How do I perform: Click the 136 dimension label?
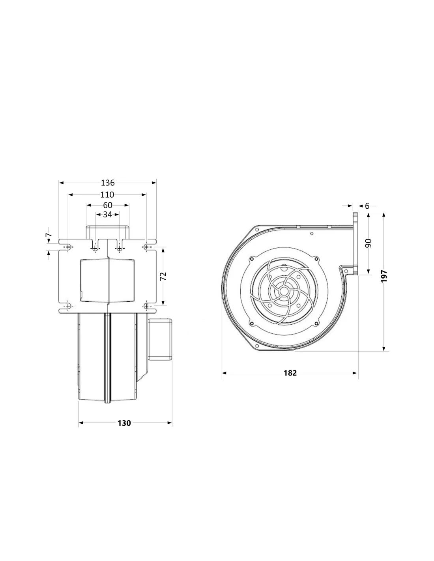click(x=107, y=183)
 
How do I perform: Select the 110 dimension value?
click(x=107, y=194)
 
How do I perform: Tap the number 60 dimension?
click(x=108, y=205)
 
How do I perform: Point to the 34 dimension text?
click(x=107, y=214)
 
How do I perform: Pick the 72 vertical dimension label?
click(x=163, y=276)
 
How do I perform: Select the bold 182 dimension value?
click(x=290, y=373)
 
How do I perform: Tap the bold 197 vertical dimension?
click(x=384, y=276)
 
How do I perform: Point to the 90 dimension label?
click(x=369, y=243)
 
